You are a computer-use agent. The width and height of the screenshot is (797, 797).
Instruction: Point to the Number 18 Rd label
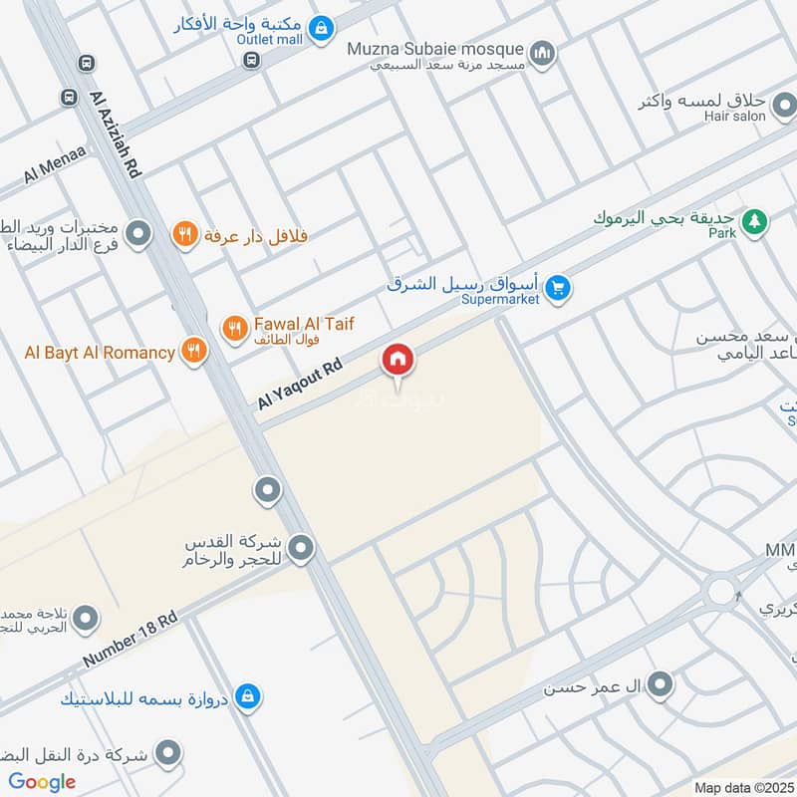[130, 641]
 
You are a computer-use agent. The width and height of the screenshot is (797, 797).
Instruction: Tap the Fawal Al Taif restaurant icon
[234, 326]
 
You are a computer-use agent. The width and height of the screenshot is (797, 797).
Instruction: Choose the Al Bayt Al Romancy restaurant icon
[193, 351]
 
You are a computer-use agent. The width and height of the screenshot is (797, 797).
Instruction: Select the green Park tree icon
[756, 220]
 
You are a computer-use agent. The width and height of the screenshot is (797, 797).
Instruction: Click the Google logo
[41, 782]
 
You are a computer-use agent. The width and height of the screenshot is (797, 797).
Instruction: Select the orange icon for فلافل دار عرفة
[183, 235]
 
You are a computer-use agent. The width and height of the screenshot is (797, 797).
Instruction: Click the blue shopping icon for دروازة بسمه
[251, 697]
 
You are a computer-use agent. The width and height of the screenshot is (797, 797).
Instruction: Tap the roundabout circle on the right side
[720, 592]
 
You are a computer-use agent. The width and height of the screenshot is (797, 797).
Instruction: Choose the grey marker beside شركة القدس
[301, 547]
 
